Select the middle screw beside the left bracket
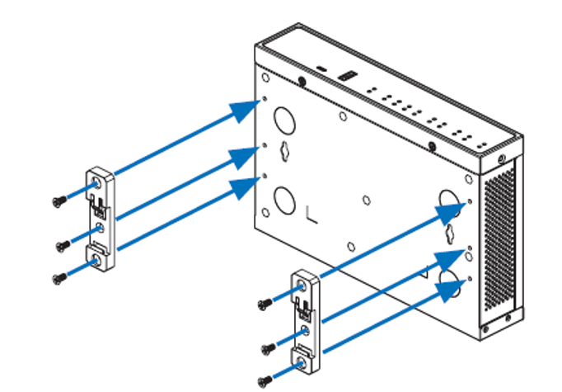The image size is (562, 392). point(61,245)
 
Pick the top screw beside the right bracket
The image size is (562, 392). point(264,305)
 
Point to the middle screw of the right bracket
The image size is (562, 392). point(265,347)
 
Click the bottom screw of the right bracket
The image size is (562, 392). point(265,380)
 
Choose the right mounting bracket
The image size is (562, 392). point(304,322)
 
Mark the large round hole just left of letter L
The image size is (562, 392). point(284,200)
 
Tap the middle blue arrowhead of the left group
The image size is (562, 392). point(245,156)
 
